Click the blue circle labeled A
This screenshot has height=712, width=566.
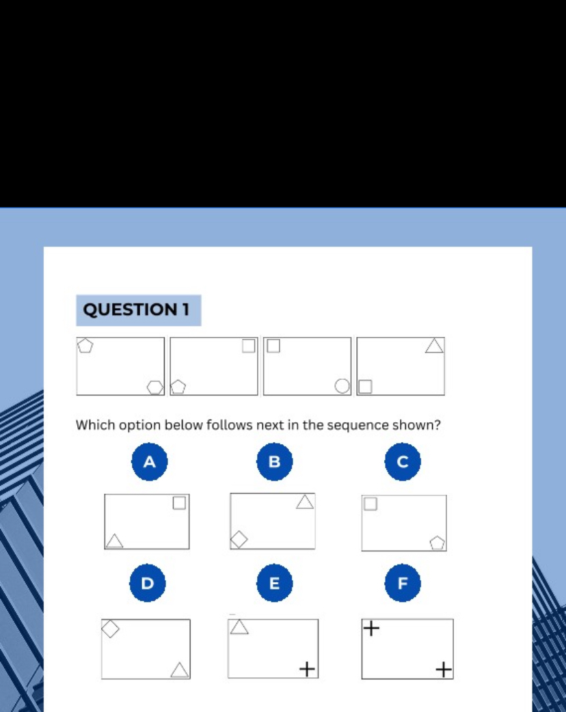[x=149, y=462]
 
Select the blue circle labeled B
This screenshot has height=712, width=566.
[x=274, y=462]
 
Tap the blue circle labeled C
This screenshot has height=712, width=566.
[x=402, y=462]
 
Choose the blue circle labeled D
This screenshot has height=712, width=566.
[x=147, y=583]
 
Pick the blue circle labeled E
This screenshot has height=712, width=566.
[x=274, y=583]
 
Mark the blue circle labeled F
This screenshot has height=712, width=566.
[x=402, y=583]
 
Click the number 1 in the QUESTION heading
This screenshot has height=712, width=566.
[x=185, y=310]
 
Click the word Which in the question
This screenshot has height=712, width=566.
[x=96, y=425]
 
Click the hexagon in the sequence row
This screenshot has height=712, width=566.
[x=155, y=387]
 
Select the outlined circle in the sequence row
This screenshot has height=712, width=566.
[x=342, y=386]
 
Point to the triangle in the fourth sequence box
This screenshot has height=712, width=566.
[x=434, y=346]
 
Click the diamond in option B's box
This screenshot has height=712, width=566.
[x=239, y=539]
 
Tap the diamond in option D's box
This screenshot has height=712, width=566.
[x=111, y=628]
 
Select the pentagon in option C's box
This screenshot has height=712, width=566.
[x=437, y=543]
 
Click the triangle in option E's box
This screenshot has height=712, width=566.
[x=239, y=627]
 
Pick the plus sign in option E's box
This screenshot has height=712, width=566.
[x=308, y=669]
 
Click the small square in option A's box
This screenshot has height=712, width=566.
[x=179, y=503]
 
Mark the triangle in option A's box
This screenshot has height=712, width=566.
[x=115, y=541]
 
